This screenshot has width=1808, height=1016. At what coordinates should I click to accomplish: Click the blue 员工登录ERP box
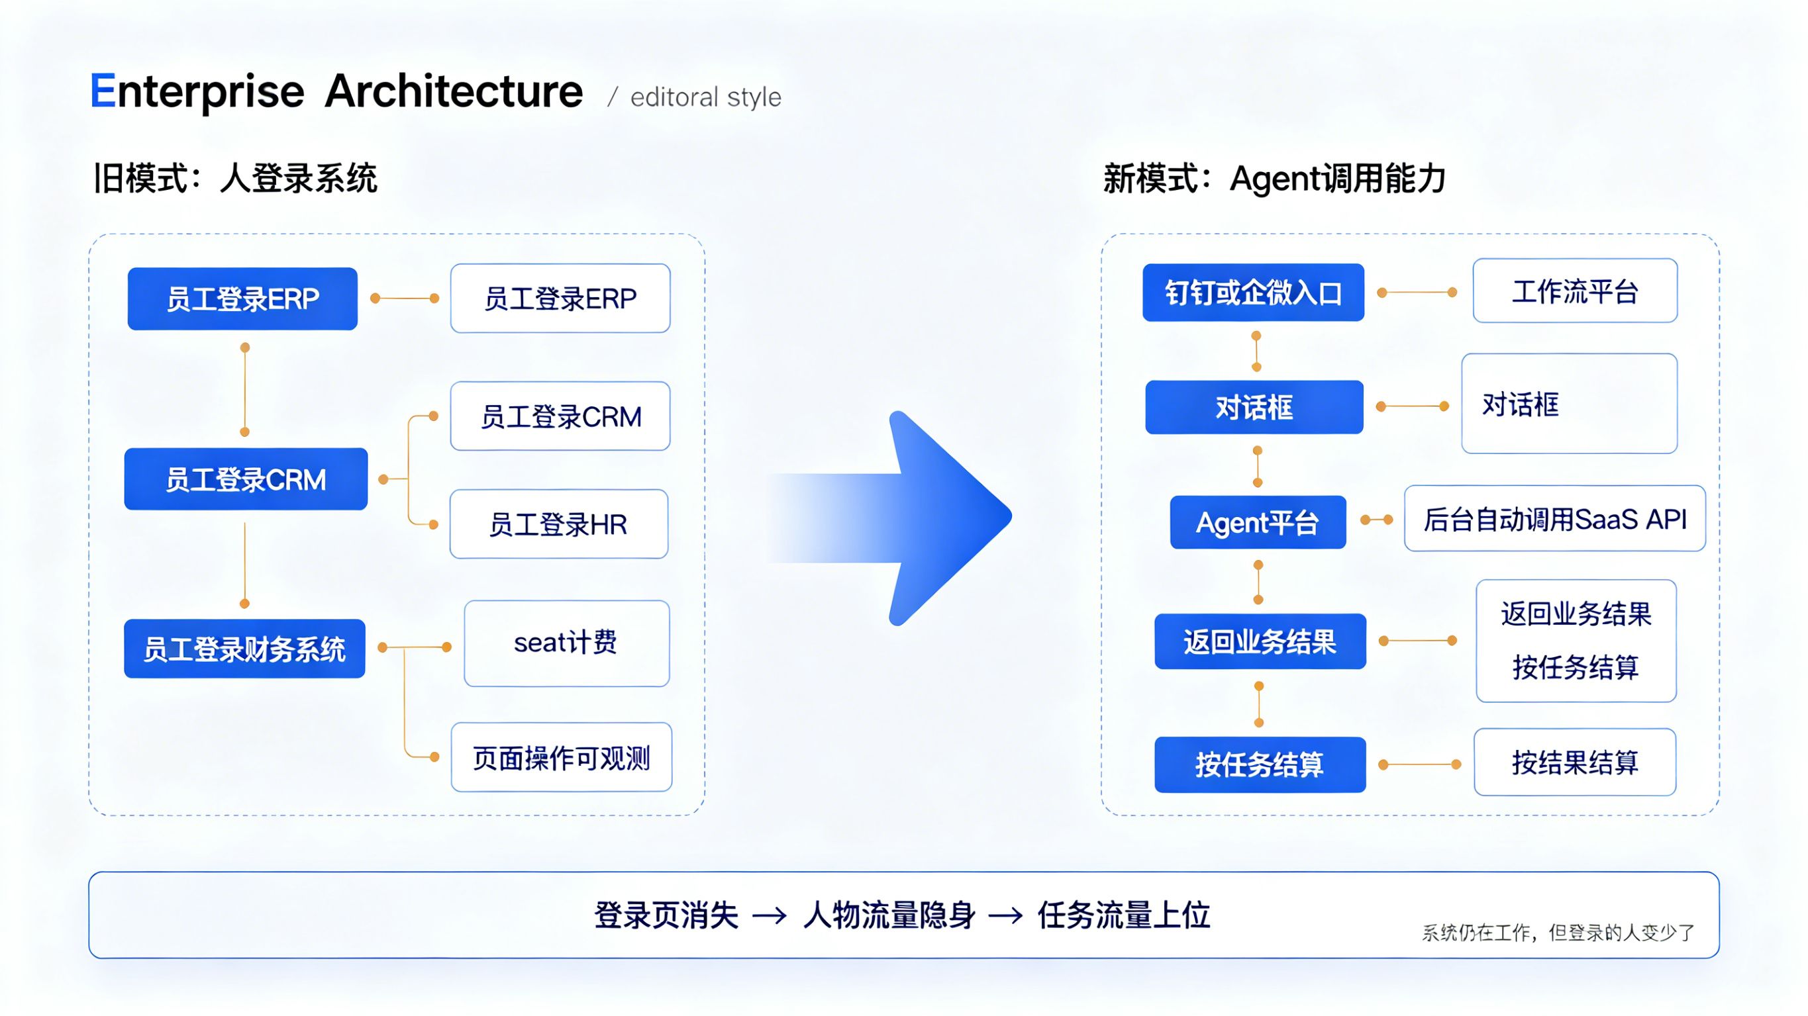(x=242, y=299)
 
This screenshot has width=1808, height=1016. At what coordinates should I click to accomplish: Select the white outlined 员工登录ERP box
(x=560, y=299)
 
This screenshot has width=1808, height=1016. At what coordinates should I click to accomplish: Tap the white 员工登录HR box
(x=559, y=524)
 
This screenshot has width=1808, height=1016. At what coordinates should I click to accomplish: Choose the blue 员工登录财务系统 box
(x=244, y=649)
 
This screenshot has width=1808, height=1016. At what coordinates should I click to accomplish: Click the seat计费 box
(x=566, y=643)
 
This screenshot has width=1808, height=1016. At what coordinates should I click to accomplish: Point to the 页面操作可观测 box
(x=562, y=758)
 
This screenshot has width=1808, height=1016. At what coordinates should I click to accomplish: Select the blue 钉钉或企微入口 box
(x=1253, y=293)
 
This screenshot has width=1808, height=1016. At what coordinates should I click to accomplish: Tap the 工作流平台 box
(x=1574, y=291)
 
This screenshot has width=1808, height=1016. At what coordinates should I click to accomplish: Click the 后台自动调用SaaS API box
(x=1554, y=519)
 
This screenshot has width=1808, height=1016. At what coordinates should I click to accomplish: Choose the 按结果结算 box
(x=1574, y=762)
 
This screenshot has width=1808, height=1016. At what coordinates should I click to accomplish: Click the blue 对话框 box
(x=1254, y=408)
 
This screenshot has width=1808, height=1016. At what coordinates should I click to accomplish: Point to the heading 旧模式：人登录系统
(x=236, y=178)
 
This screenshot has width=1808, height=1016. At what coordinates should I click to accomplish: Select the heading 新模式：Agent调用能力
(x=1274, y=178)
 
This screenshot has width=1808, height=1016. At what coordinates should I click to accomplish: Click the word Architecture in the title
(x=454, y=91)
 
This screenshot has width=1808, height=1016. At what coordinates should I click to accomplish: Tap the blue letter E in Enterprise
(x=103, y=91)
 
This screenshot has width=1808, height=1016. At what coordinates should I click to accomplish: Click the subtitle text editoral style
(x=705, y=97)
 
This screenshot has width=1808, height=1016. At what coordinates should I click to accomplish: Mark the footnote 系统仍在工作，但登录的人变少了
(x=1558, y=933)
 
